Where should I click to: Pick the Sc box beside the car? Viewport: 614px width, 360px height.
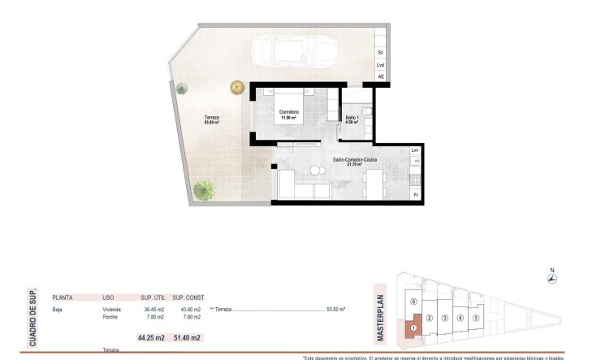pos(380,52)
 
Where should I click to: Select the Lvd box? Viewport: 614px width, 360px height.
pos(380,64)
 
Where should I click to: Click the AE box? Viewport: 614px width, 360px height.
pos(380,76)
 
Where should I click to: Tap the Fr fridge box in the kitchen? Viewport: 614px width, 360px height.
pos(415,195)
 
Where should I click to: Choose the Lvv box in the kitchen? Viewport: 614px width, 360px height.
pos(415,151)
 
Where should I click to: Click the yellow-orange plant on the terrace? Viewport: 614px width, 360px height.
pos(236,86)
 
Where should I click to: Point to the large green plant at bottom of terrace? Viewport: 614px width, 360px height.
pos(205,190)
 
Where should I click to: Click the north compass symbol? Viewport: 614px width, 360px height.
pos(551,277)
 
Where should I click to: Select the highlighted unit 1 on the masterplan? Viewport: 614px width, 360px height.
pos(413,328)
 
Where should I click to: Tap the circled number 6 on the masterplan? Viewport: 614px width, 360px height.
pos(413,301)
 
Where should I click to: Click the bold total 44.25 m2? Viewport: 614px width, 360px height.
pos(150,337)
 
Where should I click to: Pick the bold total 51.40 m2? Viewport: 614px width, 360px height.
pos(188,337)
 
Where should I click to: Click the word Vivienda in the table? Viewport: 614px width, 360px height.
pos(113,310)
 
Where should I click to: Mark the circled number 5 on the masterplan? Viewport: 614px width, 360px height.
pos(476,317)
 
